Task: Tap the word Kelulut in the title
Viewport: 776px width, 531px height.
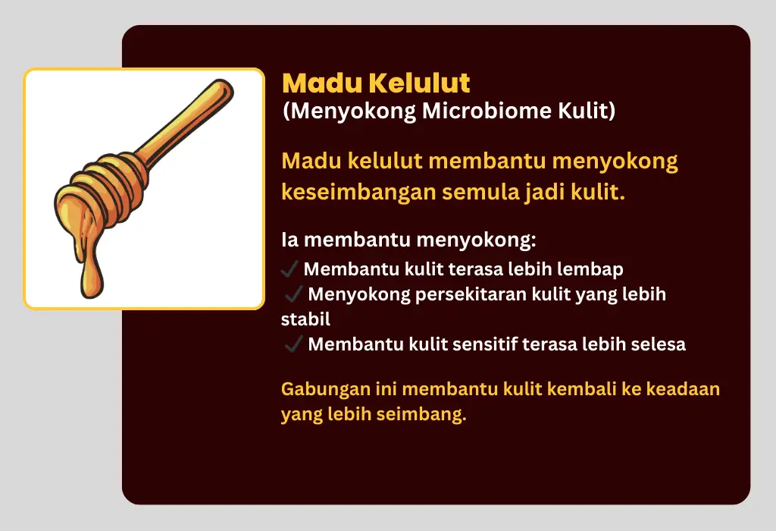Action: coord(420,83)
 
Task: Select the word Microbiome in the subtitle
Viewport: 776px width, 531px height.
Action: coord(487,111)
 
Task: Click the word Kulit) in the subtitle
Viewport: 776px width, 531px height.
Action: coord(587,111)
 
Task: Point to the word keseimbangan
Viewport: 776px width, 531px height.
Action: coord(358,193)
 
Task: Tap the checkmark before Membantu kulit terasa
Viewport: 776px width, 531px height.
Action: coord(289,269)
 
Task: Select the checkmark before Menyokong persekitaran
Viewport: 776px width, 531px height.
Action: coord(293,294)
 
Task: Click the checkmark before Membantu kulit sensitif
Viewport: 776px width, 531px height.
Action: coord(293,344)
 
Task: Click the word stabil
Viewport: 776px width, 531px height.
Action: coord(305,319)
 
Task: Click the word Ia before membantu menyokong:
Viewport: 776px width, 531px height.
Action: coord(290,240)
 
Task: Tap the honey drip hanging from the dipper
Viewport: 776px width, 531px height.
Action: coord(91,268)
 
